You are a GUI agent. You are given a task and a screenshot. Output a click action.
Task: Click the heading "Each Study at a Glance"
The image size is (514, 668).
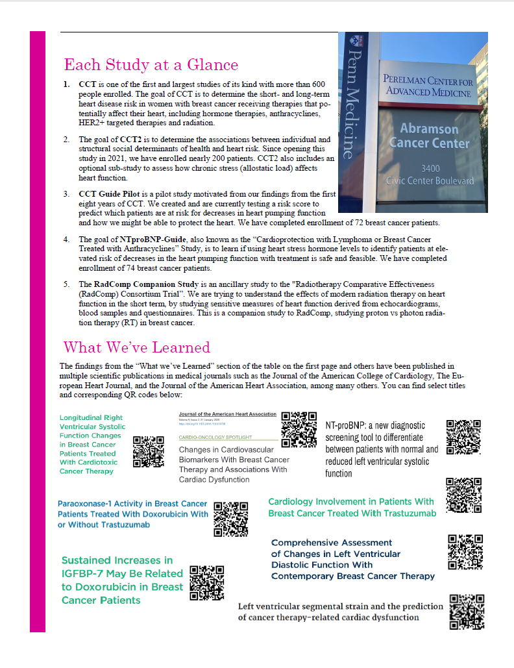coord(151,65)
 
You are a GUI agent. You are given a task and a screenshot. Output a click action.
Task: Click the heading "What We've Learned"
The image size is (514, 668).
coord(136,347)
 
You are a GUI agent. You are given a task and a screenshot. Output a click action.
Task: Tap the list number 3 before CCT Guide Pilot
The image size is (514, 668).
coord(66,194)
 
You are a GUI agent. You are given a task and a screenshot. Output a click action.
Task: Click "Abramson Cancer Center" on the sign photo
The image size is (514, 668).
coord(434,135)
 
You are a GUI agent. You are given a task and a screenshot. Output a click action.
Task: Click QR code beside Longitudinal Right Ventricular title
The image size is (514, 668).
coord(149,452)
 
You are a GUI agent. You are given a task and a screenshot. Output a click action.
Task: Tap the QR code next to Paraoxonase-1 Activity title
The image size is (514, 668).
coord(231,519)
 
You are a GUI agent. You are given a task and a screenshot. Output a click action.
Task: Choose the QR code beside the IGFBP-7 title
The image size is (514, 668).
coord(207,582)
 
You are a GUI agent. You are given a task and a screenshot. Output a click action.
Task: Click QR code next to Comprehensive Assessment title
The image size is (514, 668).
coord(465,551)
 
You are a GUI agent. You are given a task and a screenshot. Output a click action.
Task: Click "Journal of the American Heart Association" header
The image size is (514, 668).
coord(227,414)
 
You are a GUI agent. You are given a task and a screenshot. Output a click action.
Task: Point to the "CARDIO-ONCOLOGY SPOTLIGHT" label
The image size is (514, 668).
coord(215,438)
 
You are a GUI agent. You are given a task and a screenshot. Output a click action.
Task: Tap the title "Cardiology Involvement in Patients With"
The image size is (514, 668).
coord(351,501)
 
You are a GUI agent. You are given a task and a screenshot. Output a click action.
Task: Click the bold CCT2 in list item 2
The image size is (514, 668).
coord(130,140)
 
